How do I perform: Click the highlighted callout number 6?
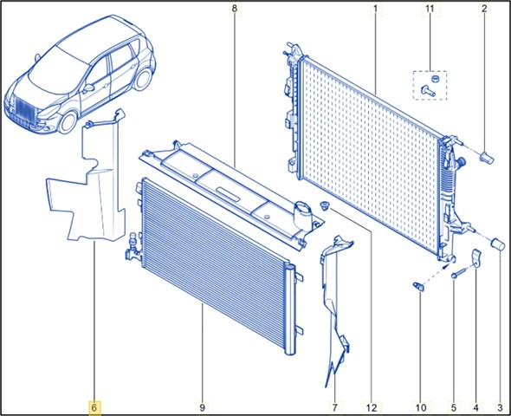coord(94,407)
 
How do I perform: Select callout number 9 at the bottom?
coord(202,407)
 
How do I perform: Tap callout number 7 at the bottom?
coord(334,407)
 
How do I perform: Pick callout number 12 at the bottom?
coord(372,407)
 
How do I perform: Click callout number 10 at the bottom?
coord(421,407)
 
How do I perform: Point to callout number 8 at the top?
coord(235,9)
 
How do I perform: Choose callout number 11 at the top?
coord(430,9)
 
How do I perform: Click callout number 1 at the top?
coord(375,9)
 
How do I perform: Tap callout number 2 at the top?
coord(484,9)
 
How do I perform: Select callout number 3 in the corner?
coord(500,407)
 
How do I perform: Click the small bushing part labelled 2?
coord(488,158)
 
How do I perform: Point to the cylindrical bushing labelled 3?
coord(498,244)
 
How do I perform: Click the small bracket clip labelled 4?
coord(476,258)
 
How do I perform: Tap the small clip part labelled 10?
coord(419,286)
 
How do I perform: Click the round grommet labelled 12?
coord(325,205)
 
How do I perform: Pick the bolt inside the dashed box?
coord(428,90)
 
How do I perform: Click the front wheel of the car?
coord(68,122)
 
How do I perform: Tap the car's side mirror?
coord(88,88)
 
